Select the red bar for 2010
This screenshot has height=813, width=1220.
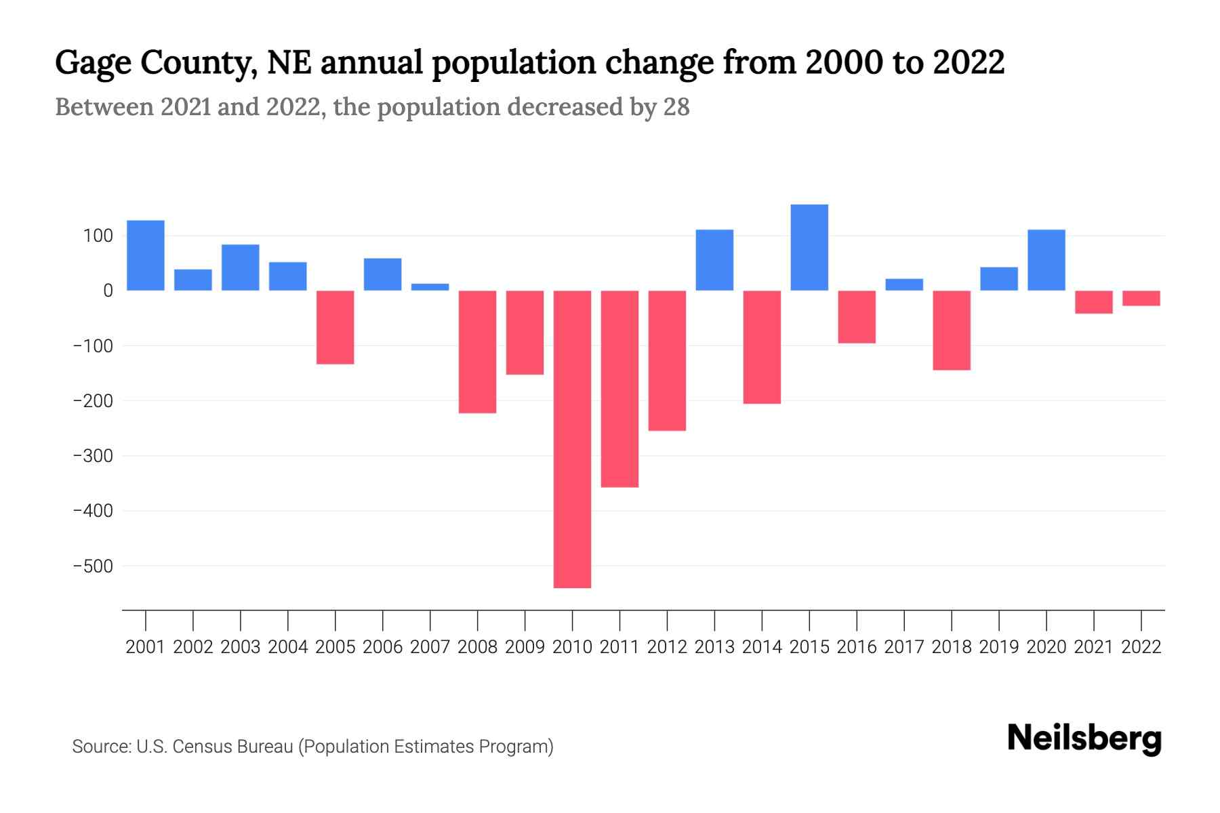tap(572, 439)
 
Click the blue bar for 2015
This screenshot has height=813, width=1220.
tap(809, 247)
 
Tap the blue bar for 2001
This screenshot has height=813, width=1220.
tap(146, 255)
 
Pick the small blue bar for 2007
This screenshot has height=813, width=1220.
tap(430, 287)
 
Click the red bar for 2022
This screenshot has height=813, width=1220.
tap(1141, 298)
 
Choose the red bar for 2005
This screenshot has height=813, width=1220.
tap(335, 327)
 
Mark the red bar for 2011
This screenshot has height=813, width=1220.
tap(619, 389)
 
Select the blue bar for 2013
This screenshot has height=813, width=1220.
tap(714, 260)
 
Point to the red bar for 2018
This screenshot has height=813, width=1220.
tap(951, 330)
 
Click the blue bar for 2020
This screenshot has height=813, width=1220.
tap(1046, 260)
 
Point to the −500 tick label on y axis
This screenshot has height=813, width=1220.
tap(93, 566)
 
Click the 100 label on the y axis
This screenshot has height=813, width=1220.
tap(98, 236)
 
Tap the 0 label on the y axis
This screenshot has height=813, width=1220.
tap(108, 291)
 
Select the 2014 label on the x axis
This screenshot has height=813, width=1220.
tap(762, 647)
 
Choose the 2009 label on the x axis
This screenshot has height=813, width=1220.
tap(525, 647)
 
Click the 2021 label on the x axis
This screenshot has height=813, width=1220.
tap(1093, 647)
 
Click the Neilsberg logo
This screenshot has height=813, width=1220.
tap(1084, 738)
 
